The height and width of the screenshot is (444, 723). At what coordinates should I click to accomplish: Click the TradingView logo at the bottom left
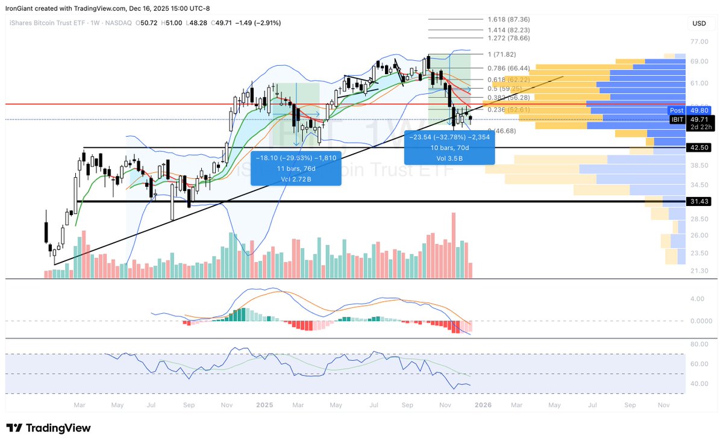48,428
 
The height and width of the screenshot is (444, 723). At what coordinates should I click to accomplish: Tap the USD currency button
700,23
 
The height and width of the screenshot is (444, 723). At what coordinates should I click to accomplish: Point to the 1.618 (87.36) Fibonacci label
509,19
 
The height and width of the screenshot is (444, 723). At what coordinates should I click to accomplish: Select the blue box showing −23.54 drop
449,147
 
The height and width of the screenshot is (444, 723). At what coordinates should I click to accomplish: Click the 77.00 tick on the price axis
699,42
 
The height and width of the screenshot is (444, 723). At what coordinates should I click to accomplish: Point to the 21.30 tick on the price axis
699,270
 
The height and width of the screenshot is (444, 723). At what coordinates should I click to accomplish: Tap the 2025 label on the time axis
265,405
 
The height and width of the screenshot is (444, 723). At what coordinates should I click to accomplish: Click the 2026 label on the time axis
482,405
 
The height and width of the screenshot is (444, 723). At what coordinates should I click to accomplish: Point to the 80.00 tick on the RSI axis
698,344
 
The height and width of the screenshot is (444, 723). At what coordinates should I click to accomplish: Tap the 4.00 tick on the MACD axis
697,299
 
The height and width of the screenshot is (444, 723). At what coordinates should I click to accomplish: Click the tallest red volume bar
452,245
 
